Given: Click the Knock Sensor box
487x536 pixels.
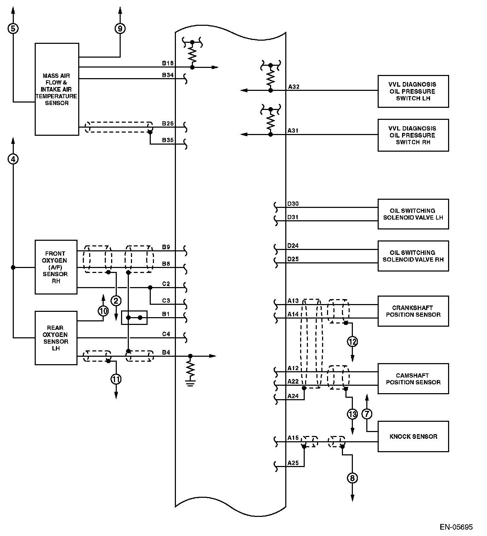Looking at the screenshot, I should click(413, 436).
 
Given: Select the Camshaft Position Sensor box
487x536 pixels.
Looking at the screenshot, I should click(413, 379).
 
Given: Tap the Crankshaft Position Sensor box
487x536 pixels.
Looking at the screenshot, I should click(413, 311).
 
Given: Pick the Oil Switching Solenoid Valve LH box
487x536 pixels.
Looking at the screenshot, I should click(413, 214).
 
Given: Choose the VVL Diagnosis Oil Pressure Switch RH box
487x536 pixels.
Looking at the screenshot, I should click(413, 135).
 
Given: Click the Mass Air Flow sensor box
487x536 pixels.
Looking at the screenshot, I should click(57, 89).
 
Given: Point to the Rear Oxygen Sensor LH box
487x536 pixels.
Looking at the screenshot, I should click(56, 338).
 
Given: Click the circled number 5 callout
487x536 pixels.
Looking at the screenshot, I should click(13, 28).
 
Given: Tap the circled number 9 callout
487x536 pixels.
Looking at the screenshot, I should click(120, 28).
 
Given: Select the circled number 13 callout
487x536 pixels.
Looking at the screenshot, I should click(353, 414).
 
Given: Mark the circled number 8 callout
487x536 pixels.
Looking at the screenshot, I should click(352, 478).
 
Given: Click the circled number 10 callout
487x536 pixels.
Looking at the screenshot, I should click(103, 311).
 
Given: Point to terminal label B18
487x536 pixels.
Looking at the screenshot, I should click(168, 63).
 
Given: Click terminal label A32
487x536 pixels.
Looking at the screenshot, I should click(293, 87).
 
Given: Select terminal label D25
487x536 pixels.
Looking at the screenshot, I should click(293, 259).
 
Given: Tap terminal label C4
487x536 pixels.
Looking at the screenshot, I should click(166, 334).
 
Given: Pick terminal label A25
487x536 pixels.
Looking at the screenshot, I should click(293, 463).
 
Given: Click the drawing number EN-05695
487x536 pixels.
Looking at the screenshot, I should click(456, 527).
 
